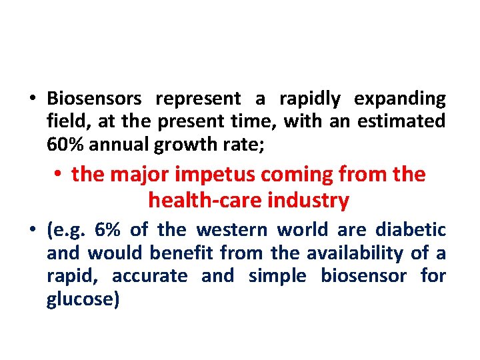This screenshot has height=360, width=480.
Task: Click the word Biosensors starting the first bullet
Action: tap(94, 99)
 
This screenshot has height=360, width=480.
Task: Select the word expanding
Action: tap(400, 99)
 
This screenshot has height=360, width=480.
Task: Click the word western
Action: tap(233, 231)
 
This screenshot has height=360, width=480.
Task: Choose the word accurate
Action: tap(150, 276)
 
